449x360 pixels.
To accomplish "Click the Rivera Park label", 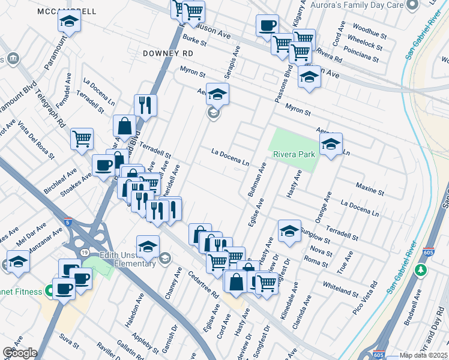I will [x=294, y=154].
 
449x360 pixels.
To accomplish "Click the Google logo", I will [x=19, y=353].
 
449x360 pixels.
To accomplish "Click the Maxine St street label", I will [x=370, y=190].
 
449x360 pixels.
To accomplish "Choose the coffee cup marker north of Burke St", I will [x=267, y=26].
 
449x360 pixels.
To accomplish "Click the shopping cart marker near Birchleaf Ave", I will [x=82, y=139].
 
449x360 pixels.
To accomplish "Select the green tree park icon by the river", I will [x=421, y=269].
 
